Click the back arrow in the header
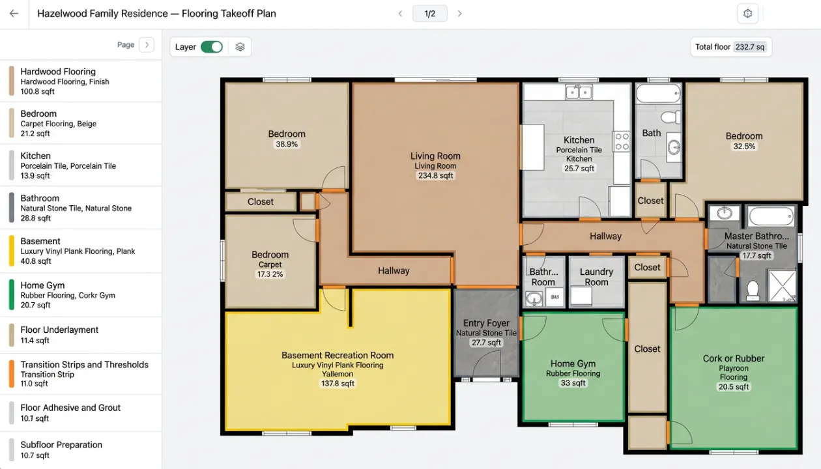tap(14, 14)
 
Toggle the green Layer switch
tap(212, 47)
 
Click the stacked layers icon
tap(240, 47)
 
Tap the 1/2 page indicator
tap(429, 14)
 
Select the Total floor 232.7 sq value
tap(750, 47)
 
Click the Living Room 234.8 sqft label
tap(435, 175)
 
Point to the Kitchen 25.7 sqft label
tap(579, 168)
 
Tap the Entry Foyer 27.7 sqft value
tap(486, 343)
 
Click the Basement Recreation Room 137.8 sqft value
tap(338, 383)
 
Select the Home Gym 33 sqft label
tap(573, 383)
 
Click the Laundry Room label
tap(596, 277)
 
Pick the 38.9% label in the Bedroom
tap(287, 144)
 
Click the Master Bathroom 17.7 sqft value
tap(756, 255)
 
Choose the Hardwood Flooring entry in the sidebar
tap(81, 81)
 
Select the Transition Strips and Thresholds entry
tap(81, 374)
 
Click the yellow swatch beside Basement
tap(12, 251)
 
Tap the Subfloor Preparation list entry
tap(81, 449)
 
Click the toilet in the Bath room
tap(670, 117)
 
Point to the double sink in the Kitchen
tap(579, 92)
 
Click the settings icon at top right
tap(748, 14)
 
